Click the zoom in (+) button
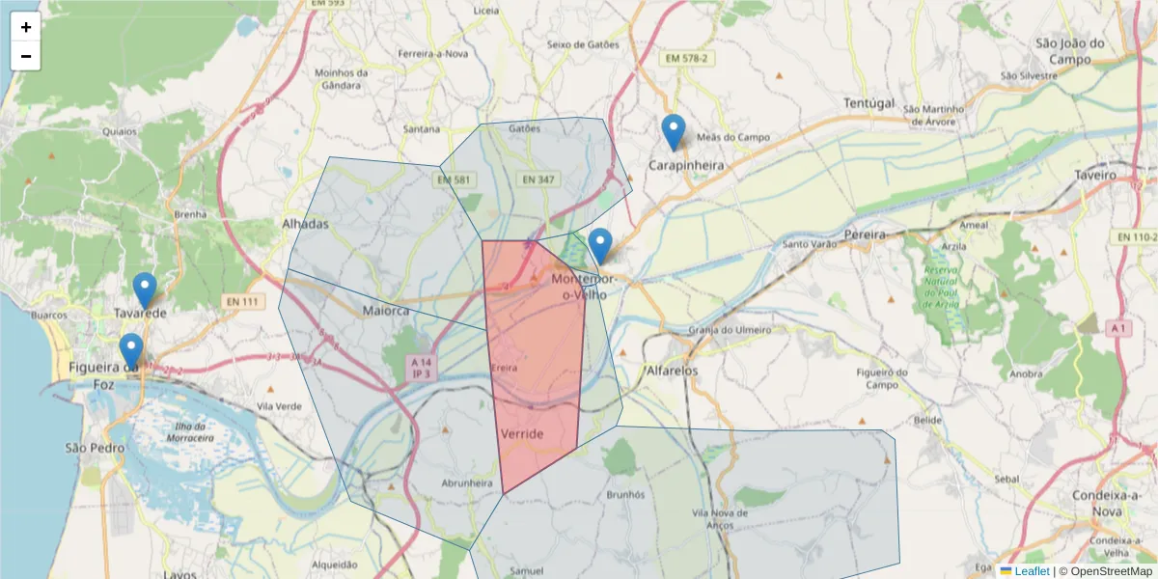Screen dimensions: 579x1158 (x=26, y=27)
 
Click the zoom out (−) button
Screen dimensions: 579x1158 (x=26, y=56)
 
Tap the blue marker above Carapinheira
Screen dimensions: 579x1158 (x=674, y=132)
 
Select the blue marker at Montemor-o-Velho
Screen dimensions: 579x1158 (x=600, y=246)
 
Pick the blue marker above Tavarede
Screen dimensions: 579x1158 (x=145, y=290)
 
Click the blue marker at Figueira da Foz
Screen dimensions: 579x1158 (x=131, y=351)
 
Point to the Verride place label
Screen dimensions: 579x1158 (x=522, y=434)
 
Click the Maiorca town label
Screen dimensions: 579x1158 (x=386, y=311)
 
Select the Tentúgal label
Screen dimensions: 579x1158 (x=869, y=102)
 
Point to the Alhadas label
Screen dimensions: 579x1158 (x=305, y=224)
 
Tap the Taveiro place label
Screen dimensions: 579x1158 (x=1094, y=176)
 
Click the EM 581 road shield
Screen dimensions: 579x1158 (x=455, y=179)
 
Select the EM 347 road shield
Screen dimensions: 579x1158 (x=538, y=179)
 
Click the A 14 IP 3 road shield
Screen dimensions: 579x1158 (x=419, y=367)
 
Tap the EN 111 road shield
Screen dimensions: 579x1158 (x=245, y=302)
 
